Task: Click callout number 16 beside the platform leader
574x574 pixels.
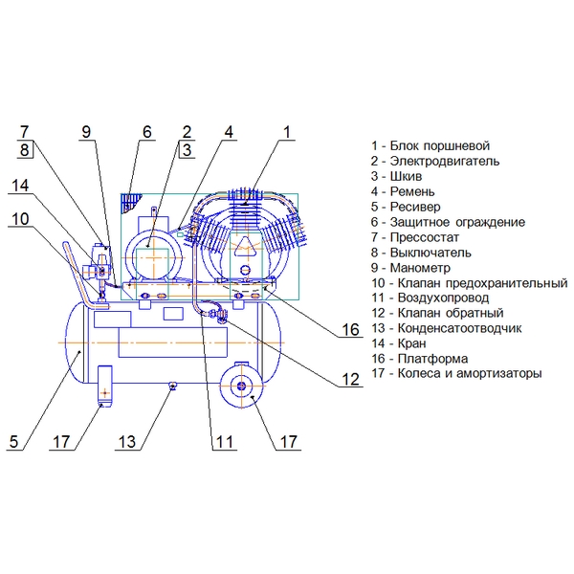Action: coord(350,329)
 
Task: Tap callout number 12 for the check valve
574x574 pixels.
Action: coord(350,379)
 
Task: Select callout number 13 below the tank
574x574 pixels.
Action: coord(127,442)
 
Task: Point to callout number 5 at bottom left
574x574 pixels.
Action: coord(14,442)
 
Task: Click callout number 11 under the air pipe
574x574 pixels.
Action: coord(225,442)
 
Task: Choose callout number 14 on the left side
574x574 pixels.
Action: coord(20,186)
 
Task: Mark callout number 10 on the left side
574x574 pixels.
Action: coord(20,219)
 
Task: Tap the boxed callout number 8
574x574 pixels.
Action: coord(25,150)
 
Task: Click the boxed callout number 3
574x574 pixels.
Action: coord(187,150)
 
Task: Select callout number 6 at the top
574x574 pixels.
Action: coord(146,132)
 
